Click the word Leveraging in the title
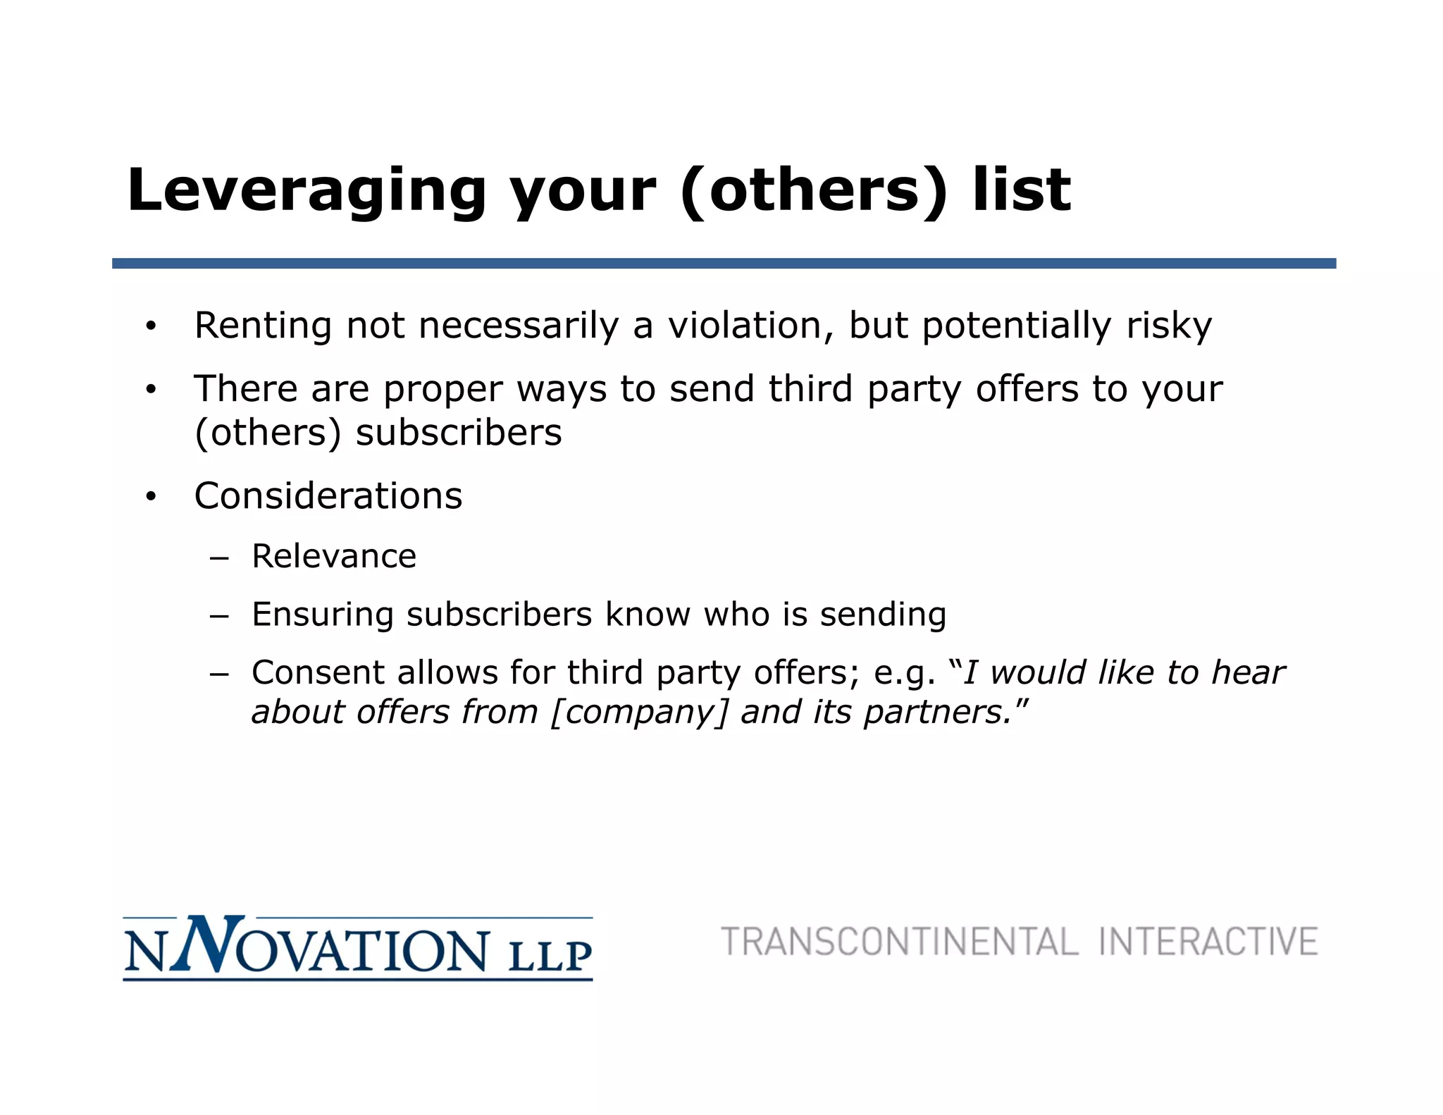click(x=306, y=190)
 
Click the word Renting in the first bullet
click(x=263, y=326)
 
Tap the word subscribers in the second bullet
click(x=459, y=433)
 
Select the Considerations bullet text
click(x=328, y=495)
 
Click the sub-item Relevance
click(x=334, y=556)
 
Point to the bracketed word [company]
click(x=638, y=712)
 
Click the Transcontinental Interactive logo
click(x=1019, y=942)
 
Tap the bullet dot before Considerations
click(x=150, y=497)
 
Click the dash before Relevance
click(x=219, y=557)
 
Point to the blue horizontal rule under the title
click(x=724, y=264)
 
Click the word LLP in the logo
click(x=550, y=956)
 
